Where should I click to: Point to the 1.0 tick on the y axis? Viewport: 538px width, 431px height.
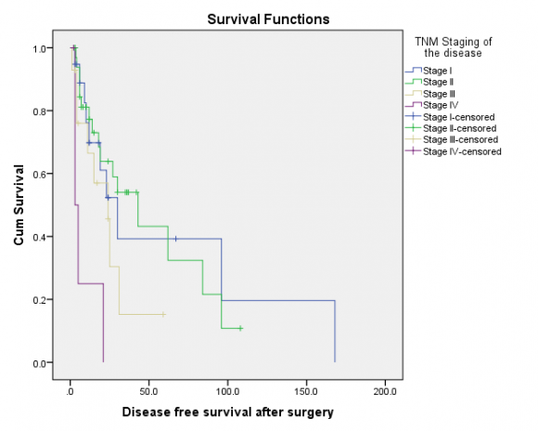[40, 47]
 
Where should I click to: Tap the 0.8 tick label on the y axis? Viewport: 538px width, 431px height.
[40, 111]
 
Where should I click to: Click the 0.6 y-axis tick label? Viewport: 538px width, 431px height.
[40, 174]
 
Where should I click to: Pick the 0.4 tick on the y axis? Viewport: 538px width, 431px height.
[40, 237]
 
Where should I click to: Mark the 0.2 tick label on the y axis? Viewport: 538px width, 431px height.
[40, 300]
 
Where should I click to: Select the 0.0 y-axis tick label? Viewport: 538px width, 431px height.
[40, 363]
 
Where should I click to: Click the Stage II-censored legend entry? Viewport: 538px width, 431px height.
[456, 128]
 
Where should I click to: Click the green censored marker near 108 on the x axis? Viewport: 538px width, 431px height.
[240, 329]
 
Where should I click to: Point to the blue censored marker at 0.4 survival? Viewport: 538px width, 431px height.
[174, 239]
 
